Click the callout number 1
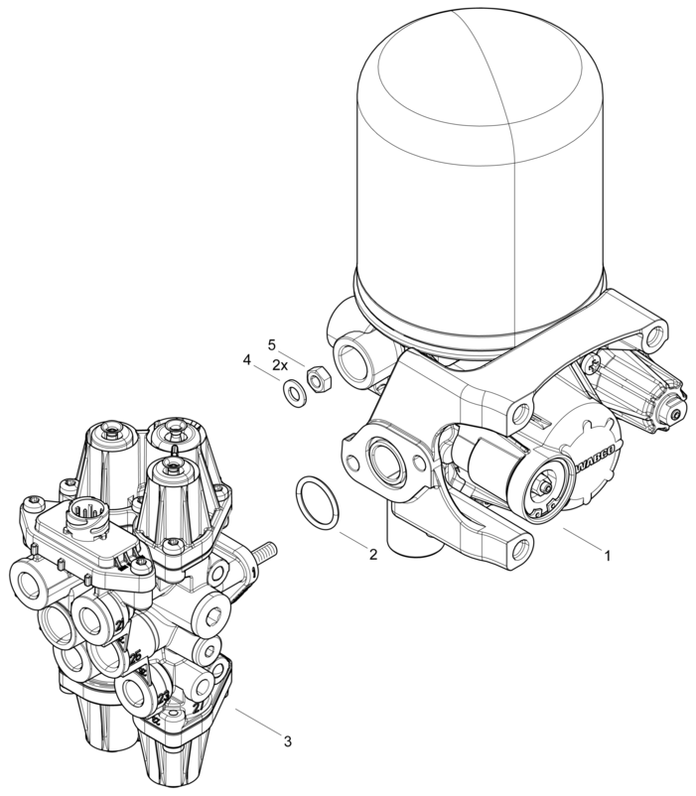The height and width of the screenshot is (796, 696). (607, 556)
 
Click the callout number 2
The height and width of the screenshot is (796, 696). (372, 554)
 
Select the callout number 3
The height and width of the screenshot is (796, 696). (287, 740)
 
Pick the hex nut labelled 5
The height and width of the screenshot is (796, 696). (320, 378)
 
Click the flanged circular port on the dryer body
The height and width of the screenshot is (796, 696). (382, 459)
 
